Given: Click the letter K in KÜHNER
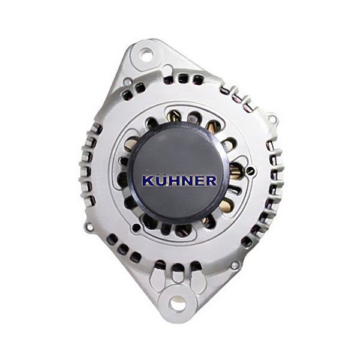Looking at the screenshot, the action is [148, 181].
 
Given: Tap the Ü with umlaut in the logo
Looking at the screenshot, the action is [160, 180].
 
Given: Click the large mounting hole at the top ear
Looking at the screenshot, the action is [146, 55].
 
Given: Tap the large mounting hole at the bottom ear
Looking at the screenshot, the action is [177, 302].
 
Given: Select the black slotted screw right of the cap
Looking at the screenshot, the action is [250, 170].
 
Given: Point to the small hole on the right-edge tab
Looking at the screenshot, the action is [272, 119].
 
